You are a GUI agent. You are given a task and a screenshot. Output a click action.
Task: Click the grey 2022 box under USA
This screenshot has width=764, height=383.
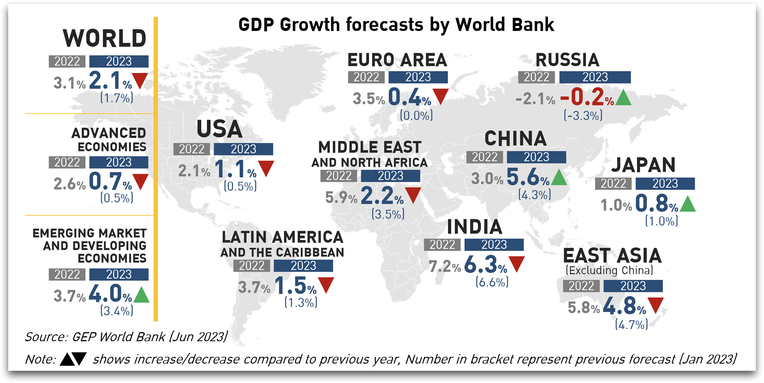192,149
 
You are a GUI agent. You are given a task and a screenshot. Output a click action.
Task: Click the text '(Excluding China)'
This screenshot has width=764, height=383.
609,270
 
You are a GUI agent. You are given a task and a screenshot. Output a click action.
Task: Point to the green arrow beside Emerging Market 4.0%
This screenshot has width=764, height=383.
141,295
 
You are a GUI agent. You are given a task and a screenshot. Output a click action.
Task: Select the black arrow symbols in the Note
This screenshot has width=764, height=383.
73,359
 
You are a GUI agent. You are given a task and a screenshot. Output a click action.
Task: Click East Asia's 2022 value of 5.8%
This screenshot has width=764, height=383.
583,308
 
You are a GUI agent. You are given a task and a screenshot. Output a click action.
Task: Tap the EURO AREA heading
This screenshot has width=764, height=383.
397,60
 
